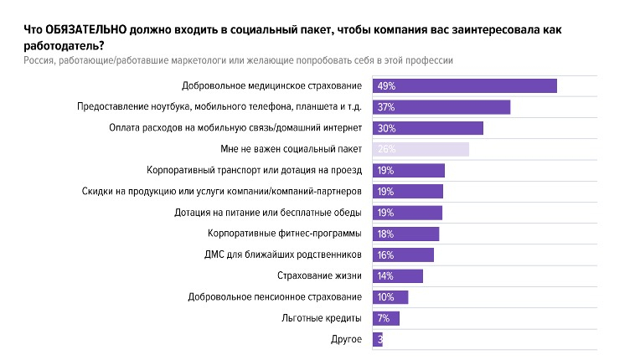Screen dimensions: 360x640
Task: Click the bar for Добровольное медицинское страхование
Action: pyautogui.click(x=465, y=85)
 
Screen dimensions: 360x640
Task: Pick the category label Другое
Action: pyautogui.click(x=347, y=339)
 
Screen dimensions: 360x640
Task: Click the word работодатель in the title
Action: pyautogui.click(x=54, y=44)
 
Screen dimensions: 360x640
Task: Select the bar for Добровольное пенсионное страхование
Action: pyautogui.click(x=395, y=297)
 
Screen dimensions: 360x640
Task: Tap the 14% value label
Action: pyautogui.click(x=385, y=275)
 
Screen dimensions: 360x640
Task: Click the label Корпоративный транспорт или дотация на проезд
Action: pyautogui.click(x=254, y=170)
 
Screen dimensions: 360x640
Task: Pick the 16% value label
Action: pyautogui.click(x=385, y=255)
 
